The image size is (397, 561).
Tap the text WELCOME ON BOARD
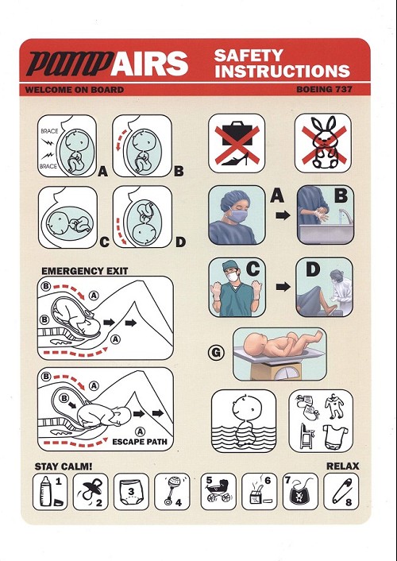pos(75,90)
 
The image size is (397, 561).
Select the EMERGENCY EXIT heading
pos(85,271)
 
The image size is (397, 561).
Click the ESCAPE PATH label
pos(140,442)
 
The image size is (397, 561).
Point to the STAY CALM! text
pos(64,466)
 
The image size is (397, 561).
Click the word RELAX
pos(343,466)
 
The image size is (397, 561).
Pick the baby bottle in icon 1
pos(45,491)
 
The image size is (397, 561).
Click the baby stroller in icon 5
pos(219,490)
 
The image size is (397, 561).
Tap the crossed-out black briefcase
pos(237,133)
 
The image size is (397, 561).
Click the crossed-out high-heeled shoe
pos(235,159)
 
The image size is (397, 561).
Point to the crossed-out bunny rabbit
pos(325,142)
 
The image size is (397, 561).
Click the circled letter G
pos(216,353)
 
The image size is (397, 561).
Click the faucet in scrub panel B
pos(345,216)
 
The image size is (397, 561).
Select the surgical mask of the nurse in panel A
pos(237,216)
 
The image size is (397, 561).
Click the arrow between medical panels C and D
pos(283,286)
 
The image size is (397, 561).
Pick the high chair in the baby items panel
pos(306,435)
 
